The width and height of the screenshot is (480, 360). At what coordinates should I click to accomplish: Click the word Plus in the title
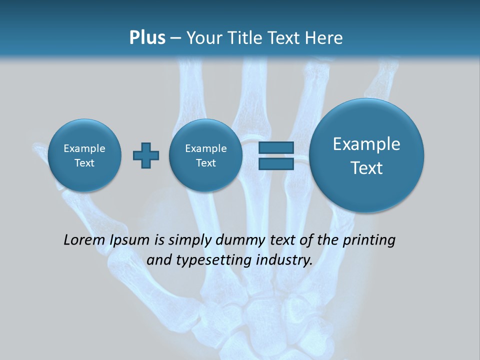pyautogui.click(x=147, y=37)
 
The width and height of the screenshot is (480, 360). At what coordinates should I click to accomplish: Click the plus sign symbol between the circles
pyautogui.click(x=146, y=155)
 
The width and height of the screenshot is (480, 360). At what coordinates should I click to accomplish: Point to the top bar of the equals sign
pyautogui.click(x=276, y=147)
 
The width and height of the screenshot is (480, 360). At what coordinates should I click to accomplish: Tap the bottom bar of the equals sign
pyautogui.click(x=276, y=164)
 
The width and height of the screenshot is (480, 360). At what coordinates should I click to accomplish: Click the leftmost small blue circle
pyautogui.click(x=84, y=155)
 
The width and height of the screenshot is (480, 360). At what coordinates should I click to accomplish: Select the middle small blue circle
pyautogui.click(x=205, y=155)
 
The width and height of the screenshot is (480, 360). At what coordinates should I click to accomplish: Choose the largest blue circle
pyautogui.click(x=366, y=155)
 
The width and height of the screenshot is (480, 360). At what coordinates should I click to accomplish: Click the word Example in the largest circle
pyautogui.click(x=366, y=144)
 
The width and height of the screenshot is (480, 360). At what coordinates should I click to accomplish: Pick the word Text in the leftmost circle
pyautogui.click(x=84, y=163)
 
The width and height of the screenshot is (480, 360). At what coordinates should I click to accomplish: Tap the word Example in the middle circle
pyautogui.click(x=205, y=148)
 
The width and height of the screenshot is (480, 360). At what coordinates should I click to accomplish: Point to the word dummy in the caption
pyautogui.click(x=237, y=240)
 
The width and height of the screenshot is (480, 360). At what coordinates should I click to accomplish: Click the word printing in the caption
pyautogui.click(x=370, y=240)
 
